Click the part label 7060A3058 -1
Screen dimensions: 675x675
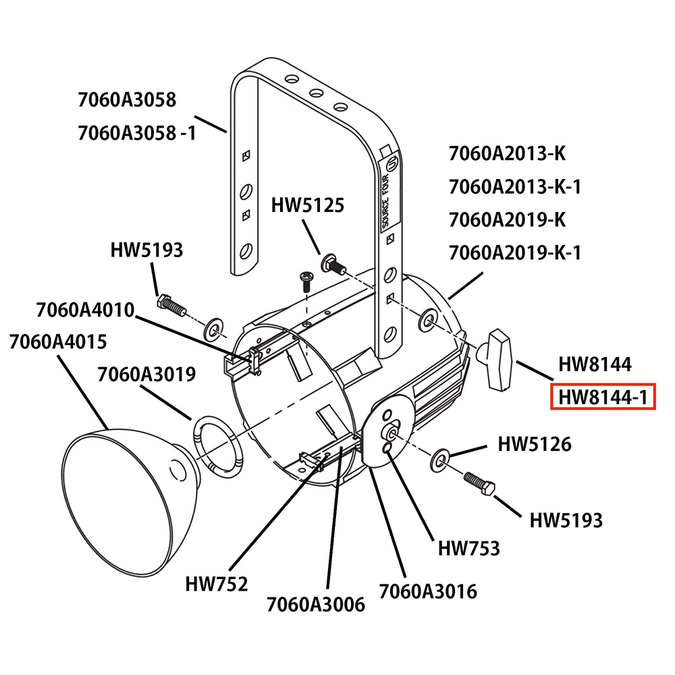pyautogui.click(x=137, y=132)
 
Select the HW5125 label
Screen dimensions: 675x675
pyautogui.click(x=308, y=205)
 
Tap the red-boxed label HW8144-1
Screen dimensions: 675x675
pyautogui.click(x=603, y=396)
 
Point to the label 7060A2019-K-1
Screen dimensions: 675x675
pyautogui.click(x=515, y=252)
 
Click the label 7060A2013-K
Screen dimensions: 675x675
pyautogui.click(x=507, y=153)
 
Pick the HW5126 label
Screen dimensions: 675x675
pyautogui.click(x=535, y=444)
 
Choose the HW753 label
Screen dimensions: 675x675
pyautogui.click(x=469, y=548)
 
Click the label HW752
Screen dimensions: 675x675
pyautogui.click(x=217, y=584)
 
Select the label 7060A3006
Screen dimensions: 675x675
pyautogui.click(x=315, y=604)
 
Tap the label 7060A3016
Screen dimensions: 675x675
pyautogui.click(x=428, y=591)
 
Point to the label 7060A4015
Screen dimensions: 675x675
pyautogui.click(x=57, y=342)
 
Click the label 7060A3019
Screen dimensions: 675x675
pyautogui.click(x=146, y=374)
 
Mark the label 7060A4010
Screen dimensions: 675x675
pyautogui.click(x=85, y=310)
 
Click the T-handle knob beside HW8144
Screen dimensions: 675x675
pyautogui.click(x=496, y=360)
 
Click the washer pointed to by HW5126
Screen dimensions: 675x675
pyautogui.click(x=439, y=460)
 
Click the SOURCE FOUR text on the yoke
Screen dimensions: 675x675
pyautogui.click(x=385, y=201)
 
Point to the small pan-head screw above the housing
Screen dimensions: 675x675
pyautogui.click(x=306, y=281)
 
